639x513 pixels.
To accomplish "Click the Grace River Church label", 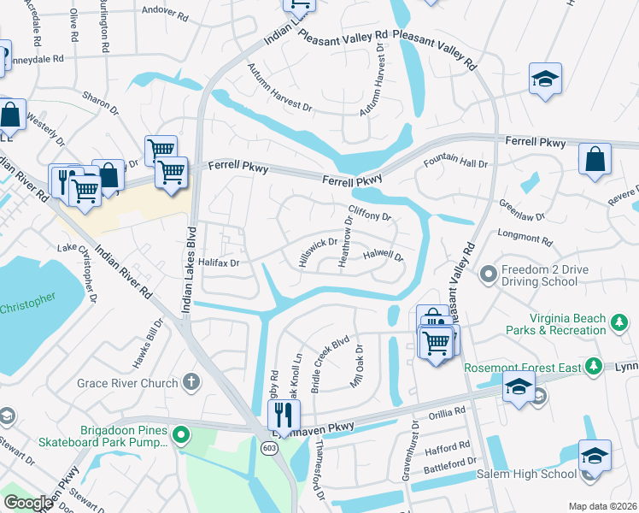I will [127, 384].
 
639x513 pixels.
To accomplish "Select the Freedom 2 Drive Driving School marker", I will [489, 274].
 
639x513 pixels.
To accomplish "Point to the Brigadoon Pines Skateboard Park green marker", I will [180, 434].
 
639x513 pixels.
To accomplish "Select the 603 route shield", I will [268, 449].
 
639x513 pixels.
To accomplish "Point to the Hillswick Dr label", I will [318, 253].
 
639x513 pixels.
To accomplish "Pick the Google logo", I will [28, 503].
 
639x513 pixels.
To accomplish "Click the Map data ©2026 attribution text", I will [601, 506].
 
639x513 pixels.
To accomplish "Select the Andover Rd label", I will [165, 14].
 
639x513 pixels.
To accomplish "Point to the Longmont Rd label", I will [524, 238].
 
